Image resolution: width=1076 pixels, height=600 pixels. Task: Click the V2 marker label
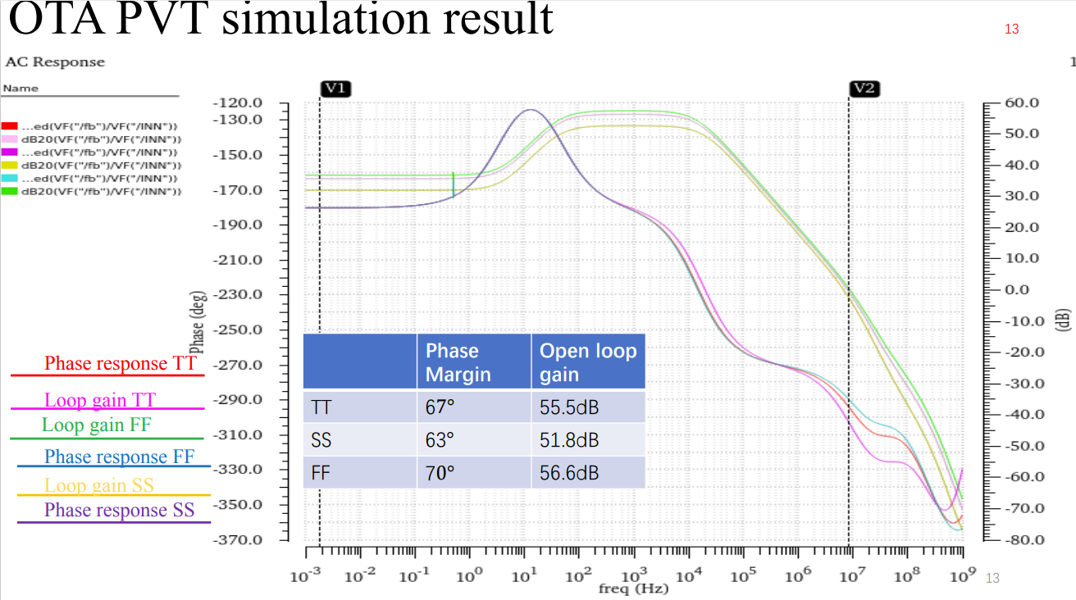(x=864, y=89)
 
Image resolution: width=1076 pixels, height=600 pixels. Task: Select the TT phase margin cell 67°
(x=439, y=407)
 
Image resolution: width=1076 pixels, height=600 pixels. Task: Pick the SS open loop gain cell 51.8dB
(x=569, y=440)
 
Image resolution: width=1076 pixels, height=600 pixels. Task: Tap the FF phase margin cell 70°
(x=440, y=473)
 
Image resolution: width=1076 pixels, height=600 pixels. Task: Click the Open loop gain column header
(x=587, y=362)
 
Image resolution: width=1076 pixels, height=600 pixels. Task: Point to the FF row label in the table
(x=321, y=473)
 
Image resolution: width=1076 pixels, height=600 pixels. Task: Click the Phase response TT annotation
(x=121, y=363)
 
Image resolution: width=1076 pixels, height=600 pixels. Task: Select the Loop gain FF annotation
(x=97, y=425)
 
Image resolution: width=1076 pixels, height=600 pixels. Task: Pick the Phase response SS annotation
(x=119, y=510)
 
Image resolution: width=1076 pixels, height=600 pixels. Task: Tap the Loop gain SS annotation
(x=99, y=485)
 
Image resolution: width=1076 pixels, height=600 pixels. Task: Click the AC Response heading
(x=55, y=62)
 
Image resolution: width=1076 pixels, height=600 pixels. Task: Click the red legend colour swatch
(x=10, y=126)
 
